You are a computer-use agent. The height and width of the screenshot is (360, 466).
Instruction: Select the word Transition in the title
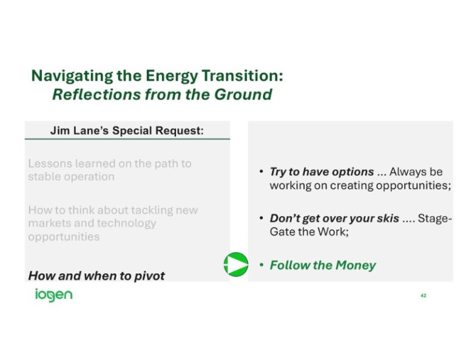[242, 76]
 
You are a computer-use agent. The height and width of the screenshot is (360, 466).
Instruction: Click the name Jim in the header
[60, 131]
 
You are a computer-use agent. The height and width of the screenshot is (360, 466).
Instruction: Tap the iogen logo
[53, 295]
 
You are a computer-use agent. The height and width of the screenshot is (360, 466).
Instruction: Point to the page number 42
[423, 296]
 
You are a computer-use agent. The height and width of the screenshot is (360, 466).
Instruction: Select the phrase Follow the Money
[322, 265]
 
